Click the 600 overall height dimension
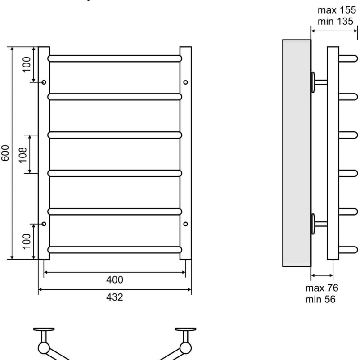click(x=5, y=153)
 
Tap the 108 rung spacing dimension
click(x=22, y=155)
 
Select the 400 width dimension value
click(x=115, y=279)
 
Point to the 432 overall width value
click(x=115, y=297)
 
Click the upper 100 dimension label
click(x=27, y=64)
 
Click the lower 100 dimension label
click(x=27, y=241)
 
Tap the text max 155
click(x=337, y=10)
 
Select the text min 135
click(x=335, y=21)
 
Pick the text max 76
click(x=322, y=288)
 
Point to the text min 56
click(x=320, y=299)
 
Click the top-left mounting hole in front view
click(x=44, y=82)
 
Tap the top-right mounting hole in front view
click(x=185, y=82)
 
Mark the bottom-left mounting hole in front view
click(x=44, y=224)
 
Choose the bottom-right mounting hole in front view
click(x=185, y=224)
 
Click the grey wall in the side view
click(x=297, y=153)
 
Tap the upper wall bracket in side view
click(x=319, y=82)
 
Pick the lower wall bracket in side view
click(x=319, y=224)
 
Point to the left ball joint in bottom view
click(x=44, y=348)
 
